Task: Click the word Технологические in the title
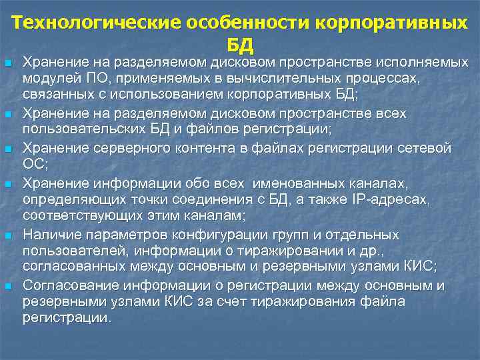[x=90, y=22]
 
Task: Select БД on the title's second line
[x=240, y=45]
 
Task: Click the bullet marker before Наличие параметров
[x=8, y=235]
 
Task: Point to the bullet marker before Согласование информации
[x=8, y=286]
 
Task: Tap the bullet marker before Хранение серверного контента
[x=8, y=147]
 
